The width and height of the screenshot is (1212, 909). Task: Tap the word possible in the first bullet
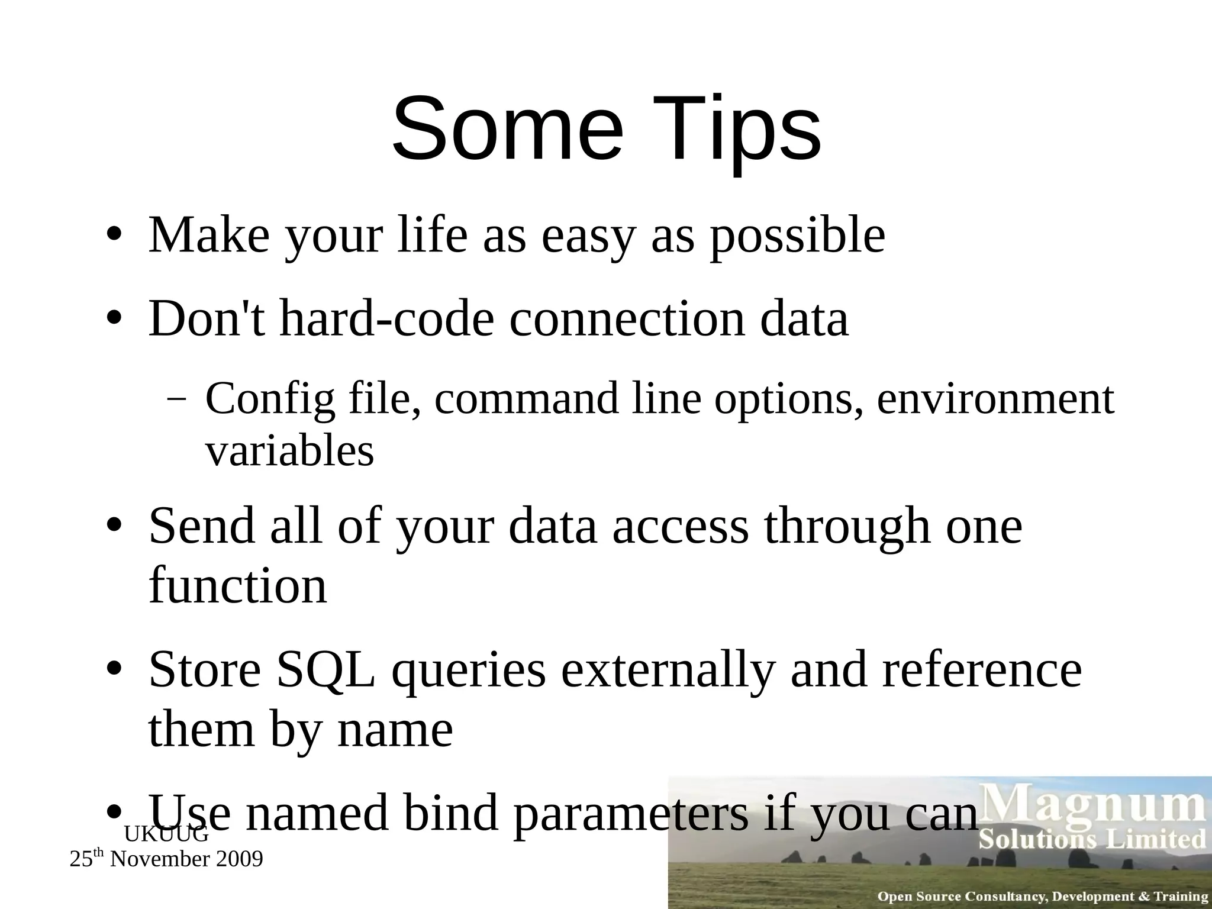(x=797, y=236)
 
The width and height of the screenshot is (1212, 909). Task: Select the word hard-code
(x=386, y=319)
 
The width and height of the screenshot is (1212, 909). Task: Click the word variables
(x=289, y=451)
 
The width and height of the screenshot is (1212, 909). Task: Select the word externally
(x=668, y=670)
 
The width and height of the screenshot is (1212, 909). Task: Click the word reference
(x=982, y=670)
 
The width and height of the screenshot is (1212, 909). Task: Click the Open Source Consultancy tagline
(x=1042, y=897)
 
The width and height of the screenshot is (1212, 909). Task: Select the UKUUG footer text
(x=166, y=834)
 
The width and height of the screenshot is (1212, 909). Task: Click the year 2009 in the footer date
(x=239, y=859)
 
